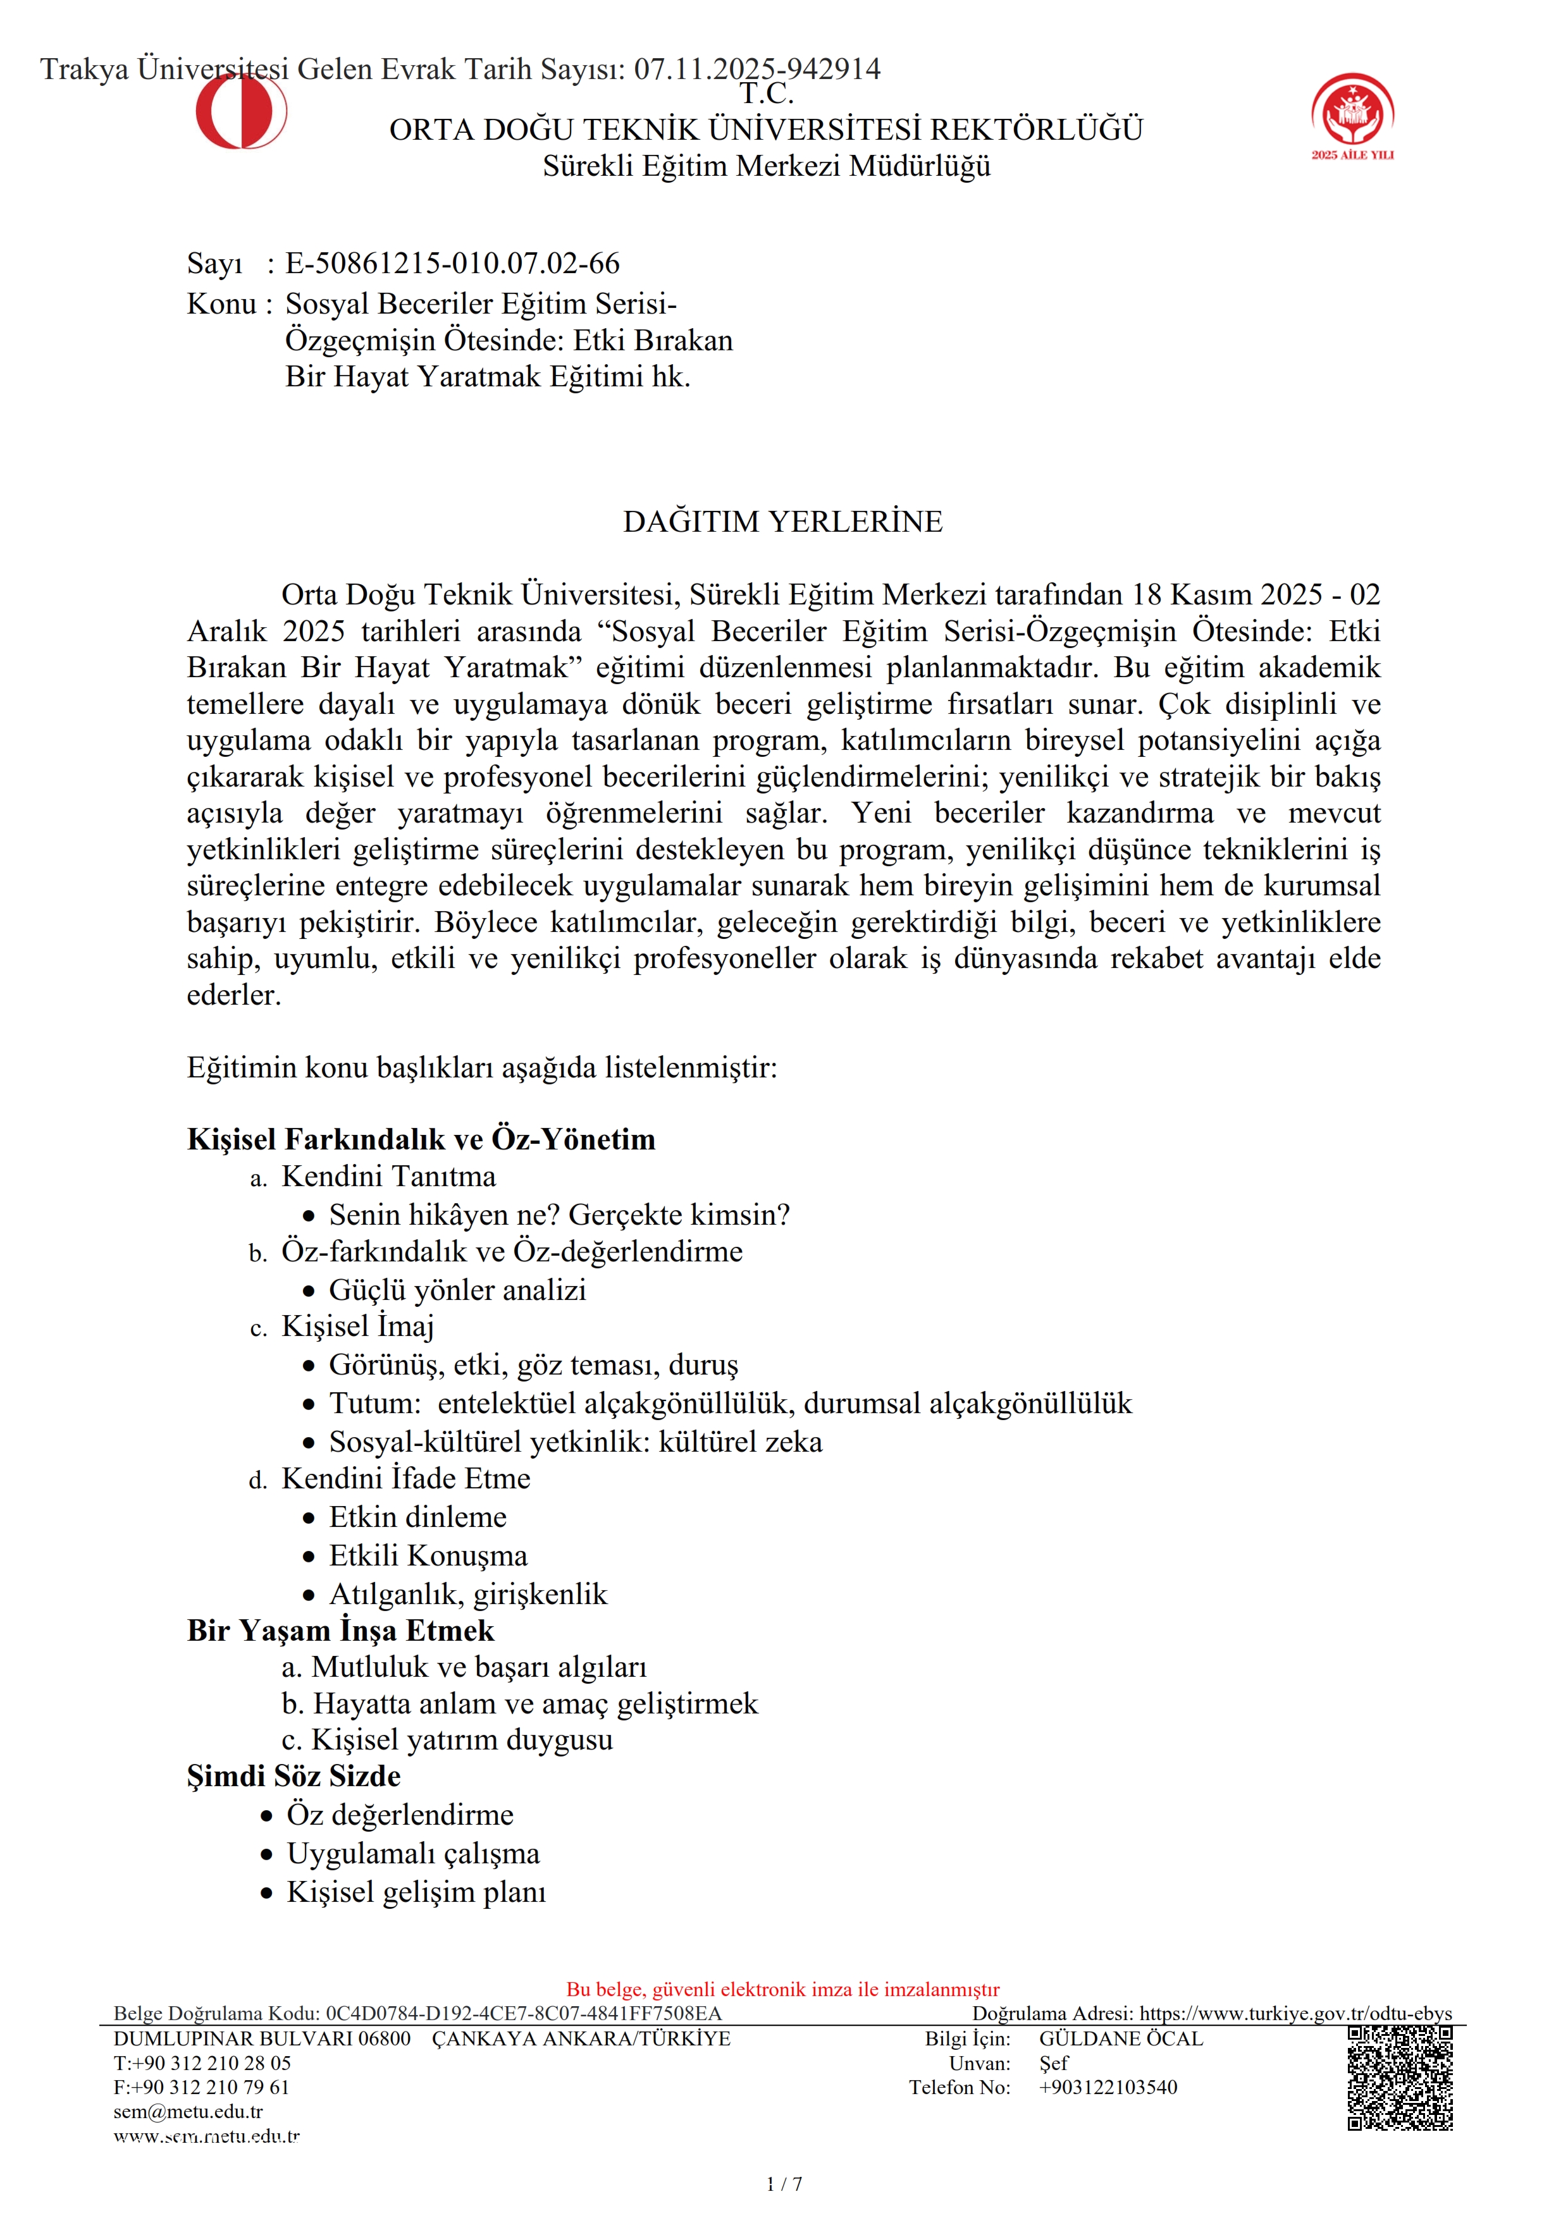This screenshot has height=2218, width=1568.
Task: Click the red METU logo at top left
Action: tap(240, 111)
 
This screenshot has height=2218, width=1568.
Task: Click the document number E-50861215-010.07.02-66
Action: tap(452, 263)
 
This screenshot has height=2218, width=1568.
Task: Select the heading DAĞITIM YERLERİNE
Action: tap(782, 522)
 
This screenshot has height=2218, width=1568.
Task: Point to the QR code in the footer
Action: tap(1400, 2077)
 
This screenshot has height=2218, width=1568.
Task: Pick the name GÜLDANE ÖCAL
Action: tap(1121, 2038)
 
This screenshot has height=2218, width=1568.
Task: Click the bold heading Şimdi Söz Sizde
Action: tap(293, 1775)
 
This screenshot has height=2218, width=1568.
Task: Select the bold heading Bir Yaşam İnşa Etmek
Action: tap(340, 1630)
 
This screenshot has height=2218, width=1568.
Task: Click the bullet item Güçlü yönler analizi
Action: tap(457, 1290)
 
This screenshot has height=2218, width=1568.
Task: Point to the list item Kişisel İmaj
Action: tap(357, 1327)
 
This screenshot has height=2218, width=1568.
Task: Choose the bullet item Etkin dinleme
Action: tap(417, 1517)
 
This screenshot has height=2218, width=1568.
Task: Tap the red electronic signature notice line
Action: tap(782, 1989)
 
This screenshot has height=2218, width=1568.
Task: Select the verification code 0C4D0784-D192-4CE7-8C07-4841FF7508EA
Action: tap(522, 2013)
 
